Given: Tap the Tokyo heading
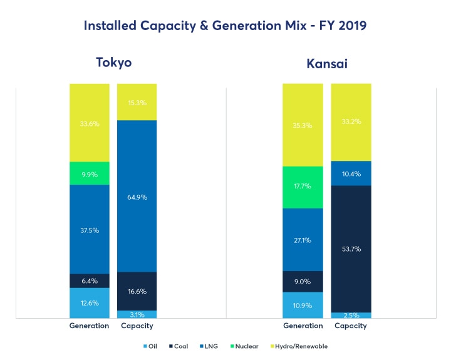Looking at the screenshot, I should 113,63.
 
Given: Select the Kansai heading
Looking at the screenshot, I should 327,63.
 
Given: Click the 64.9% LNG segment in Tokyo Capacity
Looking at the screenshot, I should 137,196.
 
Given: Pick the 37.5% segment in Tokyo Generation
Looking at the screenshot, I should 90,229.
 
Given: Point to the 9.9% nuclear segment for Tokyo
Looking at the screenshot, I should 90,173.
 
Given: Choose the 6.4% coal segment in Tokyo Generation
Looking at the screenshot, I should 90,280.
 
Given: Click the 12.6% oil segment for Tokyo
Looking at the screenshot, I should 90,303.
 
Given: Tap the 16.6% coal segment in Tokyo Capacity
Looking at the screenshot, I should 137,291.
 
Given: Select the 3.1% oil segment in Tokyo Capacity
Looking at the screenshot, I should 137,314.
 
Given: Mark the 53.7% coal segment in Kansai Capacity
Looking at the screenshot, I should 351,249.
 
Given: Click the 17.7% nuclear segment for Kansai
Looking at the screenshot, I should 303,187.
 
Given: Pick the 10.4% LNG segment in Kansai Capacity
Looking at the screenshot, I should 351,173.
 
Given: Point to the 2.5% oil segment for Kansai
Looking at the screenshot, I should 351,315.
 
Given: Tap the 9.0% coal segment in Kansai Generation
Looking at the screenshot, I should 303,281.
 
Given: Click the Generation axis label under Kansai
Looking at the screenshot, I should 303,326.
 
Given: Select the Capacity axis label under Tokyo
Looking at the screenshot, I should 137,326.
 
